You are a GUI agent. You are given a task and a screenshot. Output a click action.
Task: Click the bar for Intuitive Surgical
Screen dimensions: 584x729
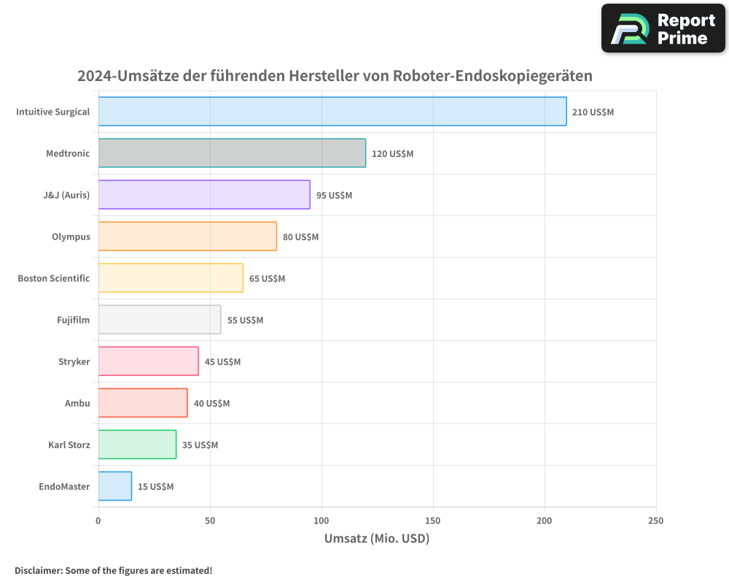(332, 112)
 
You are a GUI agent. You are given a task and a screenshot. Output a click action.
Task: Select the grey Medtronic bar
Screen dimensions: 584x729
(232, 153)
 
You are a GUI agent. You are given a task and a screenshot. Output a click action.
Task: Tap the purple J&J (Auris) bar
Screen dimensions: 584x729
(204, 195)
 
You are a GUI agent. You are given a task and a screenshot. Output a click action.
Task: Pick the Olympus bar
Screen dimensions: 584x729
(187, 237)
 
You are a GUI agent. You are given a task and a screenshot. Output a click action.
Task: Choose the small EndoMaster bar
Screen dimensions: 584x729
(115, 486)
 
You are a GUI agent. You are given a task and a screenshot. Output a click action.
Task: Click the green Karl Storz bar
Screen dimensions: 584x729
(137, 445)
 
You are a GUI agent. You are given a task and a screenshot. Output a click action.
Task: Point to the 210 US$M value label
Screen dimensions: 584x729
(593, 112)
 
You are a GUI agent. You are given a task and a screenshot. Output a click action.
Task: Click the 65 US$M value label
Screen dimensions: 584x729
(267, 278)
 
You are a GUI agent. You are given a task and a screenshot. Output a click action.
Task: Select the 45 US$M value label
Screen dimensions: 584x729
(222, 361)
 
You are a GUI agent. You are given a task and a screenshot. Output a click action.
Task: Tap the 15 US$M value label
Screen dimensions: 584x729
(155, 486)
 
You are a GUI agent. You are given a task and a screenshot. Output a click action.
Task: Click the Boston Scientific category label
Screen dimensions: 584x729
(54, 278)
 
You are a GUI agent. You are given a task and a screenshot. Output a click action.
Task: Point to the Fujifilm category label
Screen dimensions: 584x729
(73, 320)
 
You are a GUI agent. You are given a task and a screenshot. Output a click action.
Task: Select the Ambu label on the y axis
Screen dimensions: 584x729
(77, 403)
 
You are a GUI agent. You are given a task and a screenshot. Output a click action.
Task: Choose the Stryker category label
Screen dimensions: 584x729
(74, 361)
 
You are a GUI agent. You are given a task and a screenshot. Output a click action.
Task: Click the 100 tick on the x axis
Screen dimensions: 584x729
(321, 520)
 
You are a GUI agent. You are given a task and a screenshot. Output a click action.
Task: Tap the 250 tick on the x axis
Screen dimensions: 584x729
(655, 520)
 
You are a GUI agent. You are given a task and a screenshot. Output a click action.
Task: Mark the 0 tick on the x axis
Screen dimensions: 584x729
(98, 520)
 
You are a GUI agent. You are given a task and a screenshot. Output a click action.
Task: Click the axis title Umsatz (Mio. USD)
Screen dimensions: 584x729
(377, 539)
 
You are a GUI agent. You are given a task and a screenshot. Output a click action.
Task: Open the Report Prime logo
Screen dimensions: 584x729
(663, 28)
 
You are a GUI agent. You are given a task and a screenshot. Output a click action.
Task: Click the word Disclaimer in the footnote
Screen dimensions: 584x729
(38, 570)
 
